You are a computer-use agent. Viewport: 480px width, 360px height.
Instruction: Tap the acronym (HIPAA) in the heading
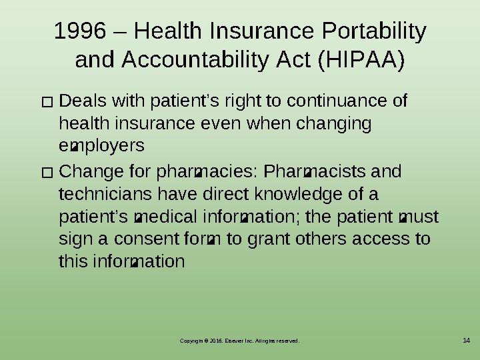[x=361, y=61]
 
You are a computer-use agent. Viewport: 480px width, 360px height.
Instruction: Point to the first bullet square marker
[x=46, y=104]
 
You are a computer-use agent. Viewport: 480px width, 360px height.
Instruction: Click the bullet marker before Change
[x=46, y=174]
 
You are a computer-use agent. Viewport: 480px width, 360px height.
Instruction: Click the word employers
[x=101, y=145]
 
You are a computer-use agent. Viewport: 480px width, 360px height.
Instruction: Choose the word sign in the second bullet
[x=74, y=239]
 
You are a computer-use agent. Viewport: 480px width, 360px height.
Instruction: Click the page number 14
[x=466, y=341]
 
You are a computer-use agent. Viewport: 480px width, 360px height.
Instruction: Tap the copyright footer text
[x=239, y=341]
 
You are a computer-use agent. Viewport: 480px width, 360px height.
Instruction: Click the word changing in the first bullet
[x=337, y=123]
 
